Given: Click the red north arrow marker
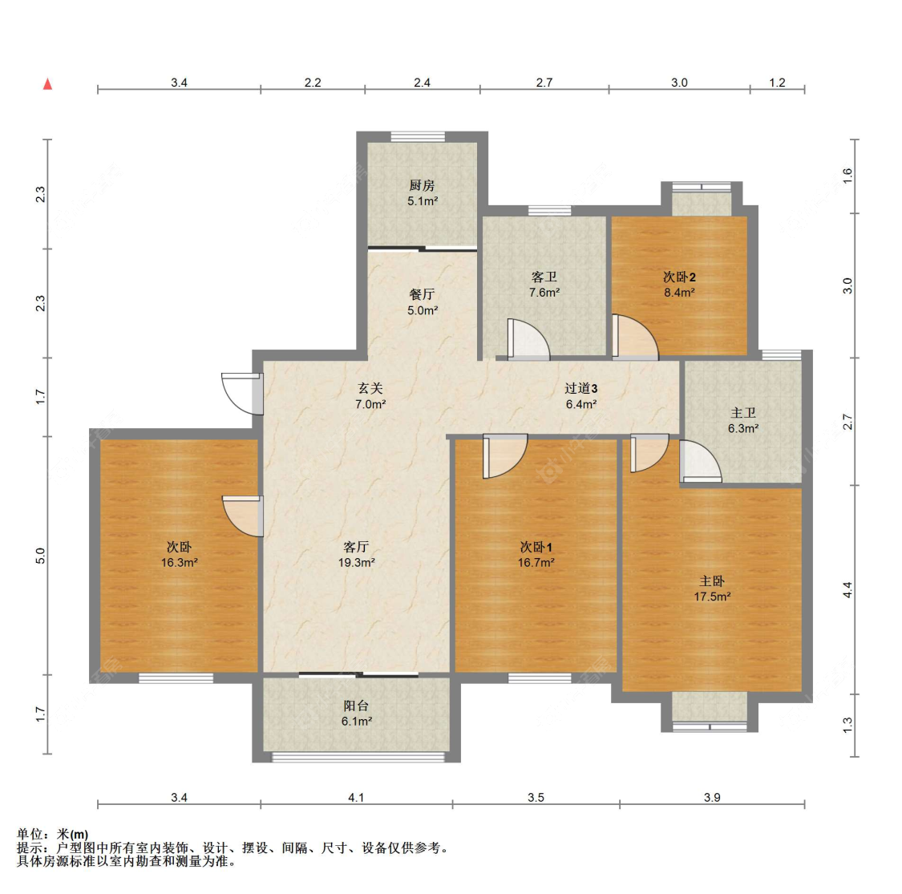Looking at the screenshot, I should (47, 84).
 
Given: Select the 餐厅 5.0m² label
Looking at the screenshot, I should (422, 302).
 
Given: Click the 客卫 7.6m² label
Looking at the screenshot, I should (544, 285).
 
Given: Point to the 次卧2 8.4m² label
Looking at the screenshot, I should (679, 285).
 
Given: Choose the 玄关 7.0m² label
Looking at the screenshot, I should (370, 396).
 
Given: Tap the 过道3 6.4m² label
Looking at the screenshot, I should (581, 396).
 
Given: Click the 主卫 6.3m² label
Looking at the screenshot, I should (743, 420).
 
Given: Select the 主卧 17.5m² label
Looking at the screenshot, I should (712, 589).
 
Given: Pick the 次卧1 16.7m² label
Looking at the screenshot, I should (536, 555).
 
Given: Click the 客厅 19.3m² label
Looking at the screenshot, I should (356, 555).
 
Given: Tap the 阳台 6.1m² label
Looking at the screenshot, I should (356, 714).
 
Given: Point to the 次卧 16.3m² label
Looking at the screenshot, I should (179, 555).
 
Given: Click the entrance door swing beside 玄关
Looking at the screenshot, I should (241, 393).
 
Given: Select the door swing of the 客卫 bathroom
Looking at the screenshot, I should (528, 340).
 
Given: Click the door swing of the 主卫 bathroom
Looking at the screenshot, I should (699, 463).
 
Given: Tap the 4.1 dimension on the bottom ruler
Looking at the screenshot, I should (356, 797).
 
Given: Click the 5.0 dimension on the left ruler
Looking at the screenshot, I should (41, 555).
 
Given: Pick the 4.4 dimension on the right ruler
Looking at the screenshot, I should (847, 590).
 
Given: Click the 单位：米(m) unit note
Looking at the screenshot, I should (53, 835).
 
